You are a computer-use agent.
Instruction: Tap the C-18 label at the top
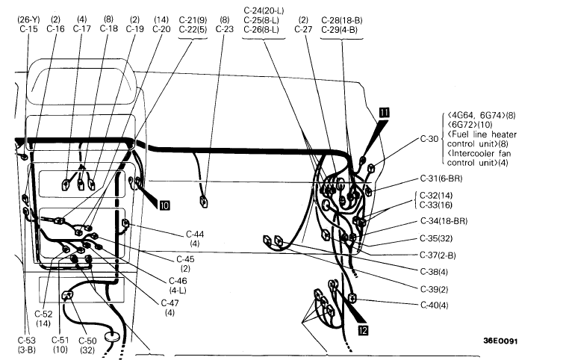(x=108, y=28)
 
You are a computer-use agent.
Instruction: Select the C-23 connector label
(x=225, y=28)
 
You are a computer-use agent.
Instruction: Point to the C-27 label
(x=303, y=28)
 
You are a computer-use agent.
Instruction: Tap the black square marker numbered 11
(x=384, y=112)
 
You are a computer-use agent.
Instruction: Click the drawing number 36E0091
(x=500, y=343)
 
